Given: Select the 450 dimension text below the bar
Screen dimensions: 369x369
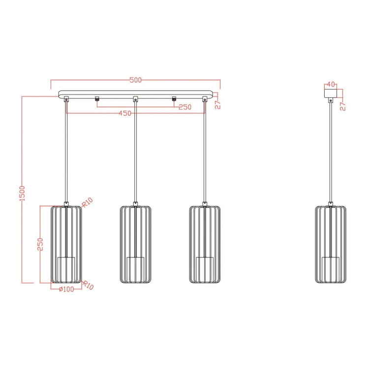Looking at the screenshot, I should (125, 113).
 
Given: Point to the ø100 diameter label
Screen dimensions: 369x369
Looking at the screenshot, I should (65, 289).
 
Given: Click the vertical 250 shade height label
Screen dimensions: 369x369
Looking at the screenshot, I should (41, 245).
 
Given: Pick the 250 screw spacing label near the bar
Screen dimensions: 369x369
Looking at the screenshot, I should (184, 107).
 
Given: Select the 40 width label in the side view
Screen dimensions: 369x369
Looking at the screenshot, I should (331, 84).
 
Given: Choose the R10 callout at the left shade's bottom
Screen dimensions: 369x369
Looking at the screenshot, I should (88, 285).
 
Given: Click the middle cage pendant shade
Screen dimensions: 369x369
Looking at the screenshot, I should (135, 244).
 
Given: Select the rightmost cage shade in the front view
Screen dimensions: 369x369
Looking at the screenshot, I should (205, 244).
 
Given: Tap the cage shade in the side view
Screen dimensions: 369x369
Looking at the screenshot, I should (331, 244).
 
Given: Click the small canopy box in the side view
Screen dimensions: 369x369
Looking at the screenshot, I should (331, 92).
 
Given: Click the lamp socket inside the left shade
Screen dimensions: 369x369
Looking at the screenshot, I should (66, 268).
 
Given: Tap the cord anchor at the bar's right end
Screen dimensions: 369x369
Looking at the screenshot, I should (205, 99).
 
